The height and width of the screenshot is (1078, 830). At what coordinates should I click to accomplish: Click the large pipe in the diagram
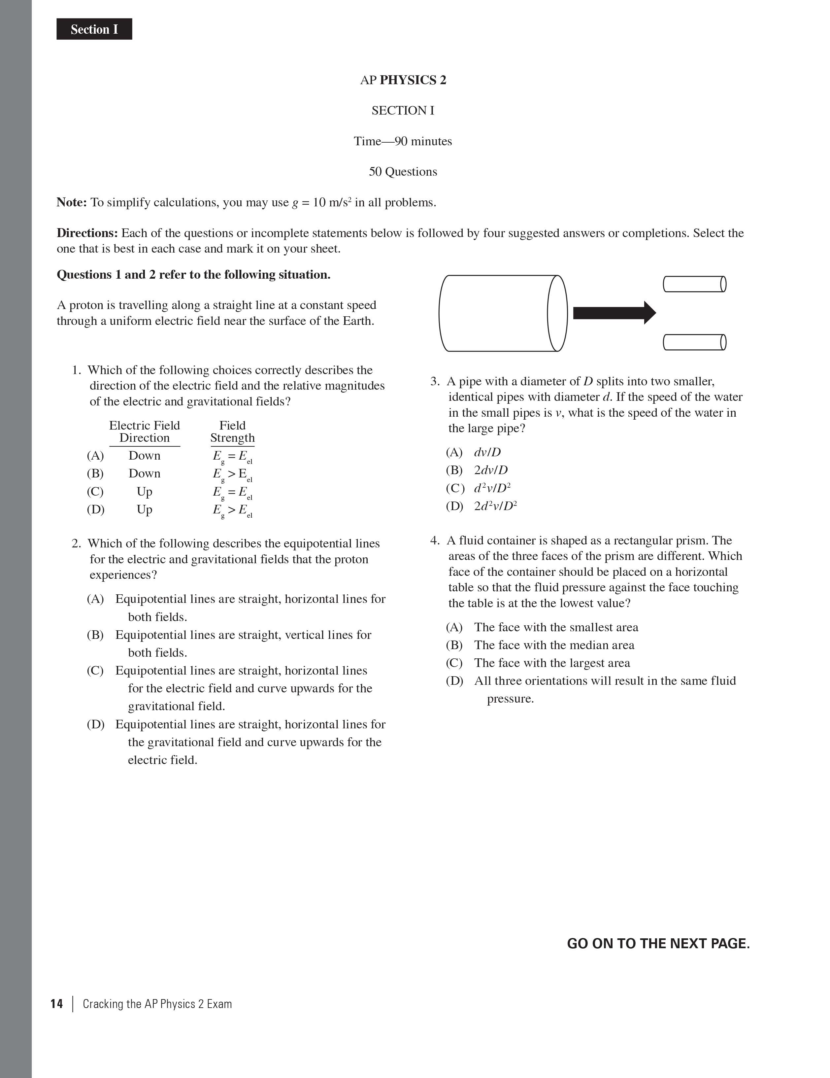(x=502, y=313)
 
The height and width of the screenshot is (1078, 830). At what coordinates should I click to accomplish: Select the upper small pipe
(x=694, y=284)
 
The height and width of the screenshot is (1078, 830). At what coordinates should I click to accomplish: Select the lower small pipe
(x=694, y=342)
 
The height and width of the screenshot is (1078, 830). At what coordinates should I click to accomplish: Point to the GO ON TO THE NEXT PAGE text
(x=658, y=943)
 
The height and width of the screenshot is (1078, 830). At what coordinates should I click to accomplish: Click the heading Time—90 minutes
(x=403, y=141)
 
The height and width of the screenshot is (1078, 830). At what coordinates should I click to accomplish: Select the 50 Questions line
(x=403, y=172)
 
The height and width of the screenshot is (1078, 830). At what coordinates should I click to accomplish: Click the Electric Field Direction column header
(x=145, y=432)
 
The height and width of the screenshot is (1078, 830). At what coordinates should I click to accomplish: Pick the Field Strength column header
(x=232, y=432)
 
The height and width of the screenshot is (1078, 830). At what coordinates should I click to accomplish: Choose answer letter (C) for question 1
(x=95, y=492)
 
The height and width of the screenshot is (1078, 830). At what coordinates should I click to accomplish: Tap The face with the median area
(x=554, y=645)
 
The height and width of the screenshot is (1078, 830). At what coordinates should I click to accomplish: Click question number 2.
(x=76, y=543)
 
